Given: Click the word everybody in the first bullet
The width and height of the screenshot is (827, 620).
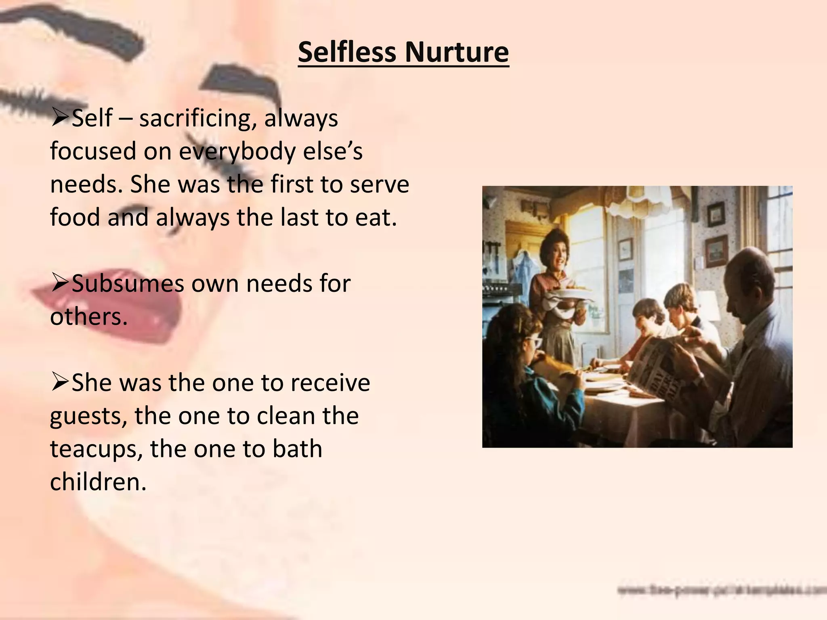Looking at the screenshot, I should pos(238,152).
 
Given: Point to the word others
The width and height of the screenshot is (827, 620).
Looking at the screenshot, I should pos(88,317).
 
